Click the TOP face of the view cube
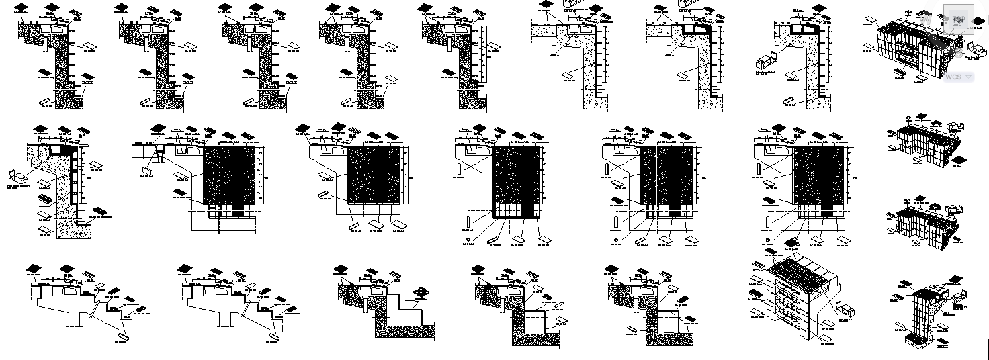point(959,20)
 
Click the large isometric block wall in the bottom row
point(802,299)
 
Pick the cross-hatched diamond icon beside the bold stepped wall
point(421,291)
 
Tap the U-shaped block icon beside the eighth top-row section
point(765,62)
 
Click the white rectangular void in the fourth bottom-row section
point(535,322)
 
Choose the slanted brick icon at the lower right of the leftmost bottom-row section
point(122,335)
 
